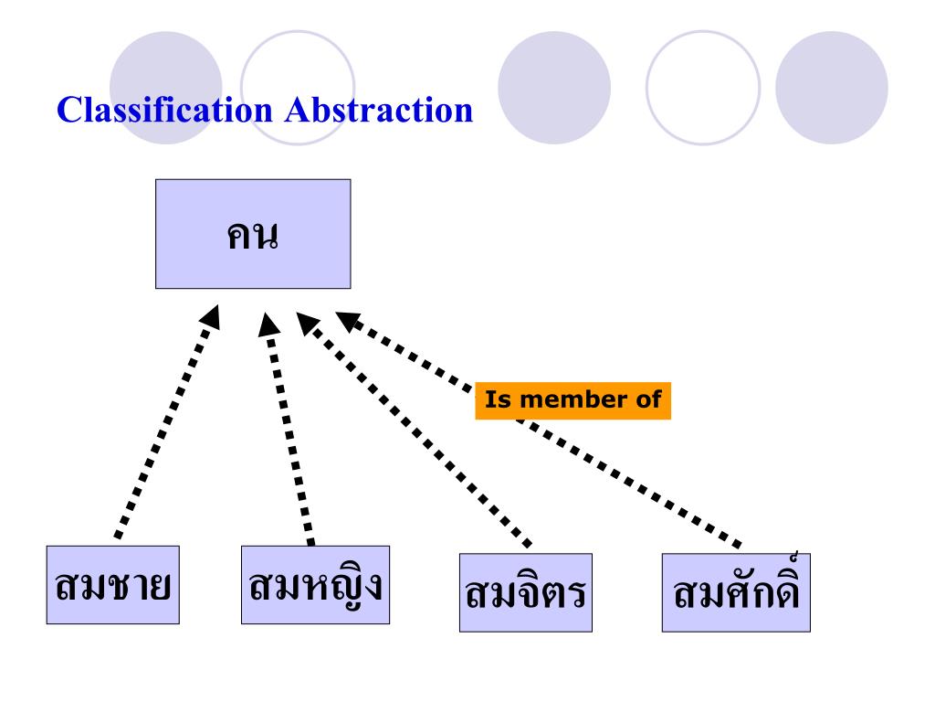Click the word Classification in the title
[x=164, y=111]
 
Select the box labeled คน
[x=253, y=234]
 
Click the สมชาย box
[x=113, y=585]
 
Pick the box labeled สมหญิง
[x=315, y=585]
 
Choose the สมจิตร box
[x=525, y=592]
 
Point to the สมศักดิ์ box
[x=736, y=592]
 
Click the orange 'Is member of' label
[x=573, y=400]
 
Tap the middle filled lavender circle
[x=554, y=88]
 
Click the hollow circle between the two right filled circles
[x=702, y=88]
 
